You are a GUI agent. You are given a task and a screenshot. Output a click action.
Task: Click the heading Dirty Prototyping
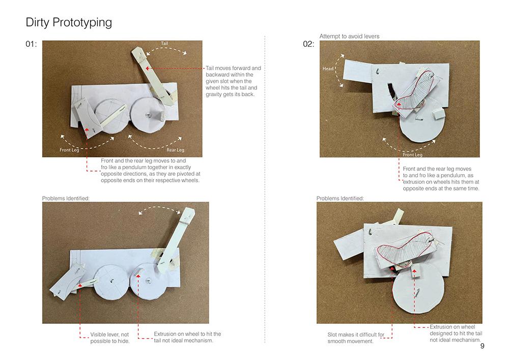tap(69, 22)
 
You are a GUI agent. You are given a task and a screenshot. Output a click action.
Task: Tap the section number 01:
tap(31, 44)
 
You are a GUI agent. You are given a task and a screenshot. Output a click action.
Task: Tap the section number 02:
tap(308, 44)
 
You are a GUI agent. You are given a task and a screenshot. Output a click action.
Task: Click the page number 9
tap(482, 346)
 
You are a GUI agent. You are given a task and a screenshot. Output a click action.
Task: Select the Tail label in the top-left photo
tap(164, 43)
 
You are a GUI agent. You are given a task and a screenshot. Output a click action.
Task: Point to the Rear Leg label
tap(175, 150)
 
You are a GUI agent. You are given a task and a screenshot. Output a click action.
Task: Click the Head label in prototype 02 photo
tap(328, 69)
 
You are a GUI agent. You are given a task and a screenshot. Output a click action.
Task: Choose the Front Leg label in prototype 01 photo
tap(69, 150)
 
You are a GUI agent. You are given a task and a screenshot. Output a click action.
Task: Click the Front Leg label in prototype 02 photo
tap(413, 155)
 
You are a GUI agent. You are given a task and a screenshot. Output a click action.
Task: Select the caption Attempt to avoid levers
tap(349, 36)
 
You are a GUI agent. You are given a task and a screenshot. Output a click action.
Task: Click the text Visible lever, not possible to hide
tap(110, 338)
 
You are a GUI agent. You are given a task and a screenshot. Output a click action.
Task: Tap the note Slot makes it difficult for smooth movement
tap(356, 338)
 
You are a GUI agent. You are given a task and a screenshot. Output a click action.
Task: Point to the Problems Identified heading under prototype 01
tap(66, 199)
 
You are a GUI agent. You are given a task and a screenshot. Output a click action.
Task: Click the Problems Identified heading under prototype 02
tap(340, 199)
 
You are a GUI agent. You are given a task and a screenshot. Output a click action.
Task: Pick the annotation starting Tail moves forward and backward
tap(233, 81)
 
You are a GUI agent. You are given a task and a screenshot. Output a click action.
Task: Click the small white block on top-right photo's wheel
tap(438, 114)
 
